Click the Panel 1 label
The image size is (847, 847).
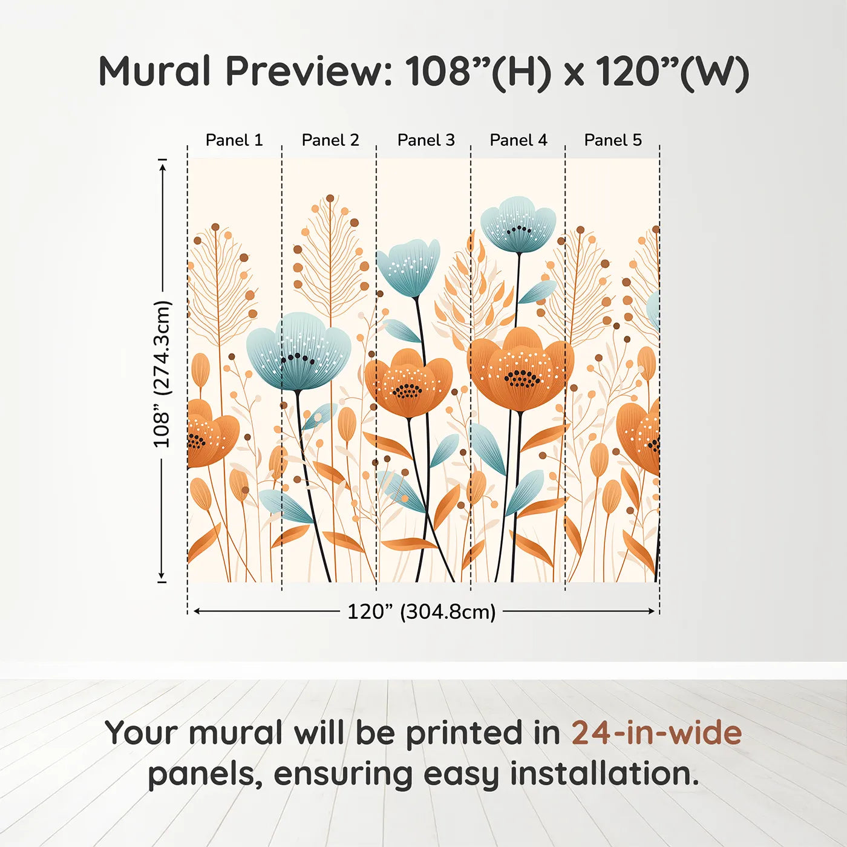click(x=234, y=140)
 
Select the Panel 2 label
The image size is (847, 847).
click(x=330, y=140)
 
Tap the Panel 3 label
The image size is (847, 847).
click(x=426, y=140)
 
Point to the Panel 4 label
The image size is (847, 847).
click(x=518, y=140)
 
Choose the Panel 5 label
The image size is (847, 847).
click(x=613, y=140)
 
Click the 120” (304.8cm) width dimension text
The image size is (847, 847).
click(x=421, y=612)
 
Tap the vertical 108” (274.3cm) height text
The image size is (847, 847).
click(x=162, y=374)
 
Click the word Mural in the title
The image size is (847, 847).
click(x=154, y=71)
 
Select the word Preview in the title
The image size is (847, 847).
click(x=309, y=71)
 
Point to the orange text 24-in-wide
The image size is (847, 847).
click(x=656, y=733)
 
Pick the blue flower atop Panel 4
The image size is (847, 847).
click(x=518, y=224)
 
